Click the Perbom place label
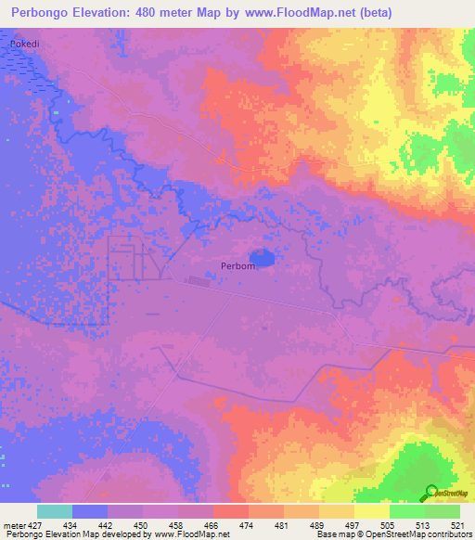click(x=237, y=265)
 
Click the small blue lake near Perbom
click(x=262, y=257)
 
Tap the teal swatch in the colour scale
click(x=55, y=511)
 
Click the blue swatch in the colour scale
click(x=90, y=511)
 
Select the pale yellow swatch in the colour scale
click(x=372, y=511)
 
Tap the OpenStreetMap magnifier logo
click(x=431, y=493)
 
